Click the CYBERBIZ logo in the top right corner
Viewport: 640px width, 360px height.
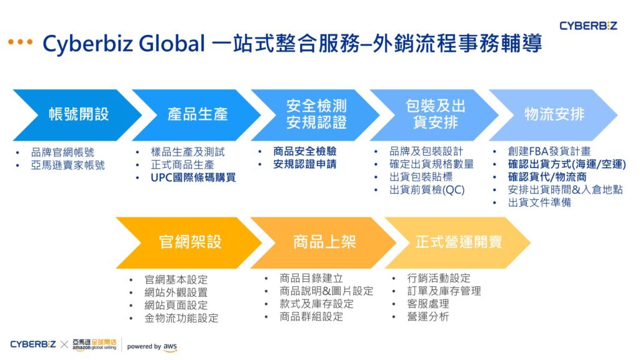587,26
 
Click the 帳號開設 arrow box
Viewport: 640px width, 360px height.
75,114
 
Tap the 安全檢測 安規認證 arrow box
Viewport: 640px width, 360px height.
316,114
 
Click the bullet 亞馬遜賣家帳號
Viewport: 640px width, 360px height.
67,165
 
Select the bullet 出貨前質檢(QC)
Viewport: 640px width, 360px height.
427,190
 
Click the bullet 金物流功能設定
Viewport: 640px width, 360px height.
181,318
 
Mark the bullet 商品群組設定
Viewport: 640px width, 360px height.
311,316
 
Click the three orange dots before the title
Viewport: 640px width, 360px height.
20,42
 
